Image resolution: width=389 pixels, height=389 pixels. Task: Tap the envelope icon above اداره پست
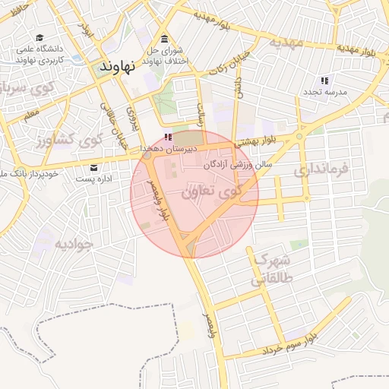(94, 167)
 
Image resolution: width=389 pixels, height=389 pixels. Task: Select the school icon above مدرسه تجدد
(324, 81)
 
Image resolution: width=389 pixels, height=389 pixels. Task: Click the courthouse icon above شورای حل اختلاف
(164, 40)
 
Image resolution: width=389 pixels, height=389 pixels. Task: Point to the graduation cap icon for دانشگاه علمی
(39, 38)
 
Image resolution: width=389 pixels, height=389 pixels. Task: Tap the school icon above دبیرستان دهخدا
(167, 137)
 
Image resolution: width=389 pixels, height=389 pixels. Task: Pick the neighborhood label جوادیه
(73, 245)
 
